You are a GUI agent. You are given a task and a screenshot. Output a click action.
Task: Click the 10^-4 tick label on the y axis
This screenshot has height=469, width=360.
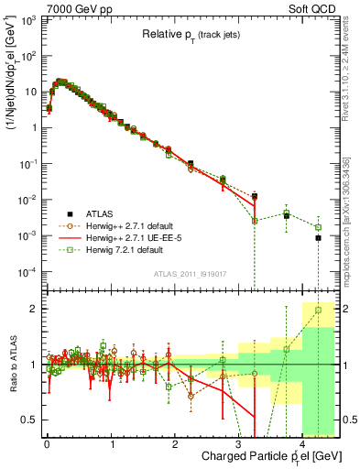(27, 271)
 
